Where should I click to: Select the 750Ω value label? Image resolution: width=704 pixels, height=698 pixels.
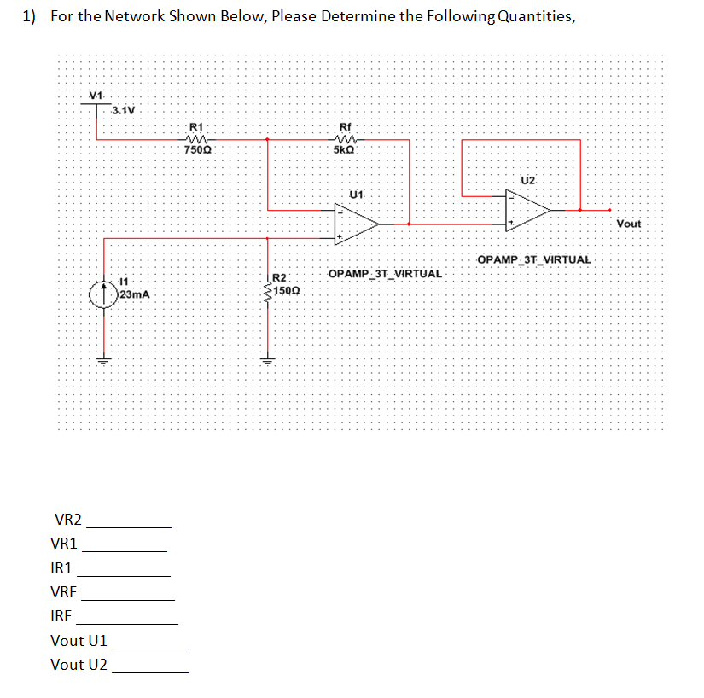coord(198,150)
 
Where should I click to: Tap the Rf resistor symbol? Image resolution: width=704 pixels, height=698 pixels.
coord(348,138)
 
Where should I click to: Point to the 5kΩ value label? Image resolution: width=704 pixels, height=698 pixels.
coord(346,150)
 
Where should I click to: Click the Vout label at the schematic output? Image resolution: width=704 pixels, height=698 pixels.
coord(628,223)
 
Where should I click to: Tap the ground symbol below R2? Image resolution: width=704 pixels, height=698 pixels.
coord(269,359)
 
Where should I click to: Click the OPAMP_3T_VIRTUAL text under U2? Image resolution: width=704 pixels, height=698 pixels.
coord(534,259)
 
